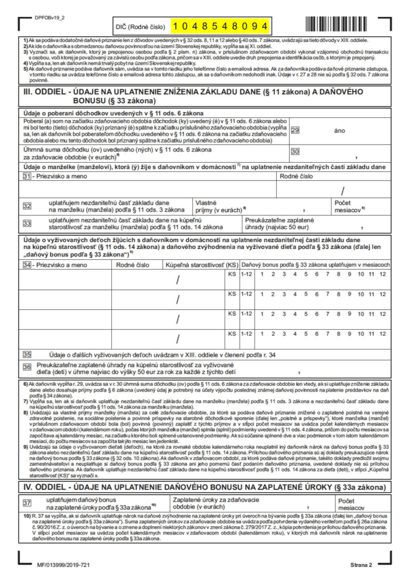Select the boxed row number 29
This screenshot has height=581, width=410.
(295, 130)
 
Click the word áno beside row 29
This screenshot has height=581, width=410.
(340, 130)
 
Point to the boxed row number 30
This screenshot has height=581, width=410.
(295, 151)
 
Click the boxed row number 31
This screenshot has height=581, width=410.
(27, 177)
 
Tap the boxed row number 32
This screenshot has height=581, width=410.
(27, 205)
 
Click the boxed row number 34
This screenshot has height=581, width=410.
(27, 265)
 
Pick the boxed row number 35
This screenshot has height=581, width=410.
(27, 354)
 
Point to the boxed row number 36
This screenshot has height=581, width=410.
(27, 367)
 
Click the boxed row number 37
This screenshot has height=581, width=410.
(27, 503)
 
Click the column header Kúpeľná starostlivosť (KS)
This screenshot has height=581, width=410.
(201, 265)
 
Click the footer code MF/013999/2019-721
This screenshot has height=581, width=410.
(62, 565)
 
